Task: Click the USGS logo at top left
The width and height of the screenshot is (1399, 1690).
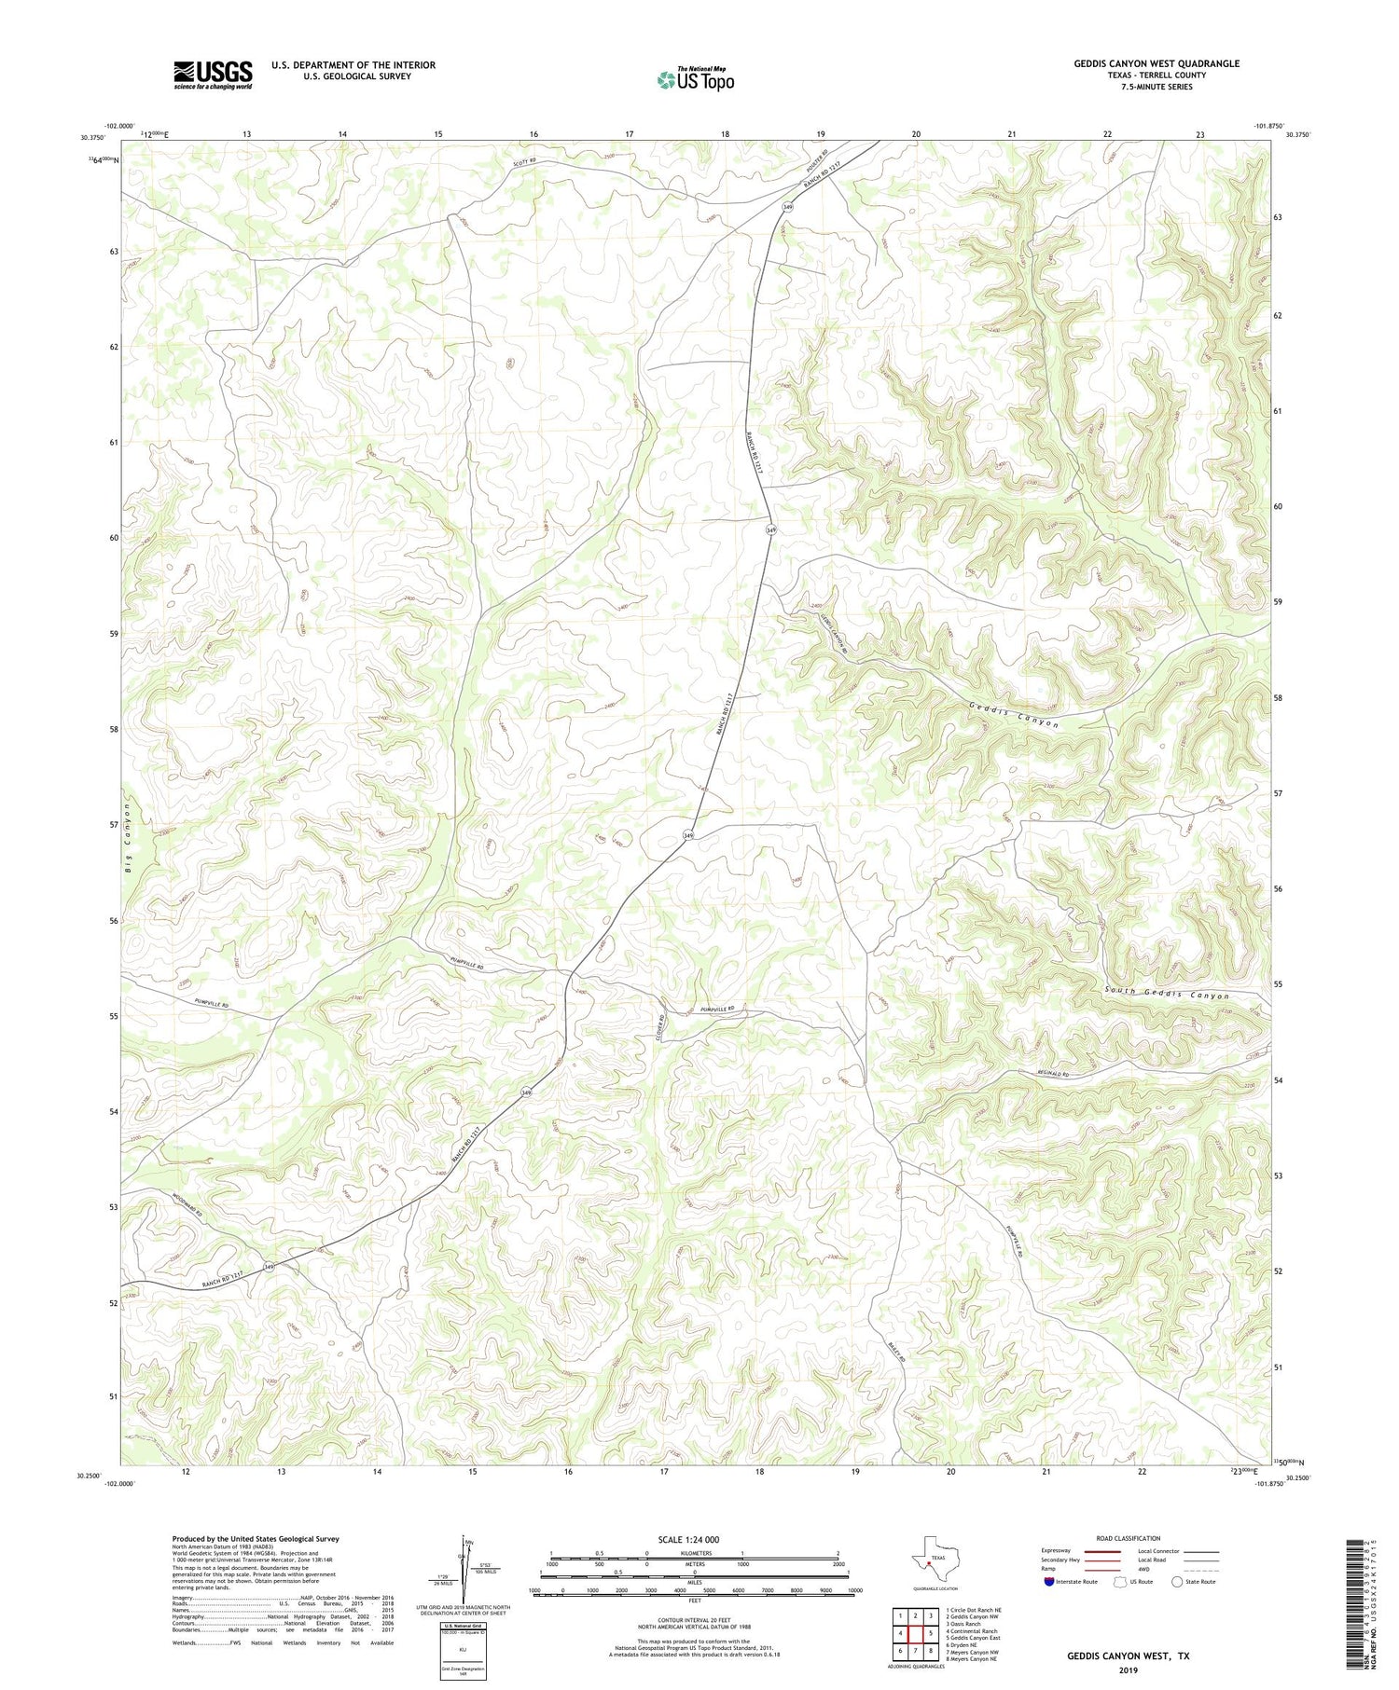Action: (213, 75)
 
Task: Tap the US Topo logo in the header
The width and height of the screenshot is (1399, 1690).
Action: (695, 79)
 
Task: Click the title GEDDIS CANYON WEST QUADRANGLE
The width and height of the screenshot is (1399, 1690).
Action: (1156, 63)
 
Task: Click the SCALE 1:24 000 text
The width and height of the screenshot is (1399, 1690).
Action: (688, 1539)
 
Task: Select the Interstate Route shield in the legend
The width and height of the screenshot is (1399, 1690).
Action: (1051, 1582)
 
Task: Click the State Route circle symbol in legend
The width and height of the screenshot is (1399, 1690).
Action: (1177, 1582)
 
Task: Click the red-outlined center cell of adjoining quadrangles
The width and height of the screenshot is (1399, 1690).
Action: (915, 1632)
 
